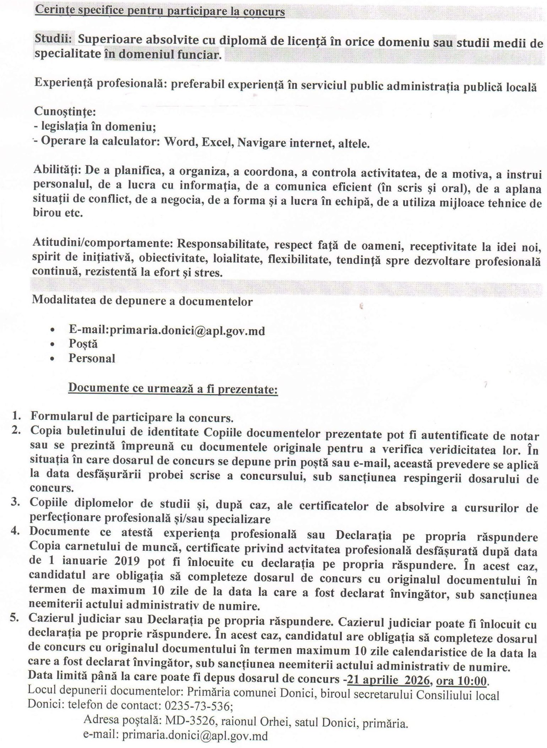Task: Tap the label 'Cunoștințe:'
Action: click(x=65, y=112)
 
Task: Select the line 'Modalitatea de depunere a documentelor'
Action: click(x=142, y=301)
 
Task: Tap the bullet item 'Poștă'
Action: click(x=83, y=344)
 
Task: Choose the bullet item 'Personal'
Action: click(x=92, y=358)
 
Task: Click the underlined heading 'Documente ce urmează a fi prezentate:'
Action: click(x=173, y=388)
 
